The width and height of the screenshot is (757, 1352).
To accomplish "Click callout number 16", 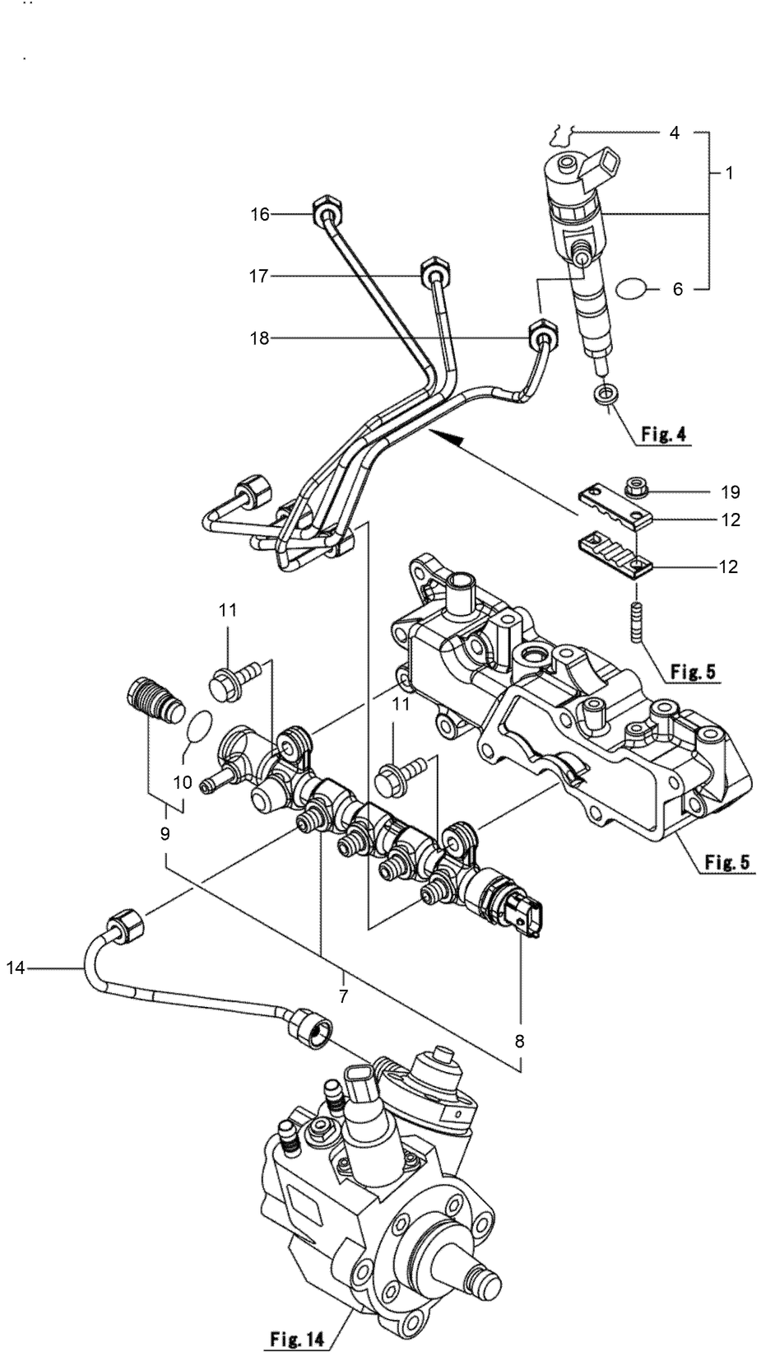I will (260, 215).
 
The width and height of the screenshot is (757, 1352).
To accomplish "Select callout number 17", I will (260, 277).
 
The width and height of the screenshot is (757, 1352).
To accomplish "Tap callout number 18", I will (260, 338).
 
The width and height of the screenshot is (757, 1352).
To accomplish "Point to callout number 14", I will (16, 968).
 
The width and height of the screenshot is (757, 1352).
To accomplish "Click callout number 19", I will (729, 493).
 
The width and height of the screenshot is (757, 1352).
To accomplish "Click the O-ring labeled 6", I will (633, 288).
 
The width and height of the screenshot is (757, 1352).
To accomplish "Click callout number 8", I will (519, 1041).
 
